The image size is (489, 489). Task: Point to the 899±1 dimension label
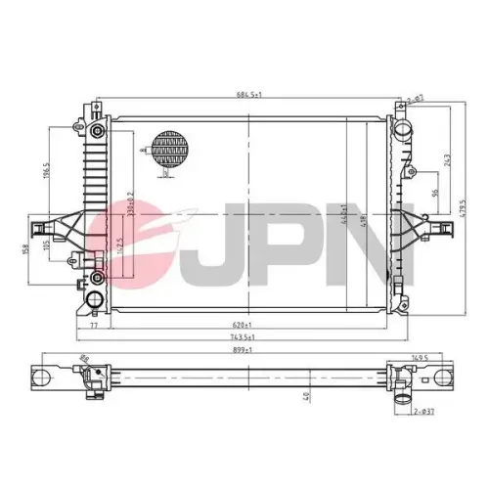(x=245, y=349)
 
